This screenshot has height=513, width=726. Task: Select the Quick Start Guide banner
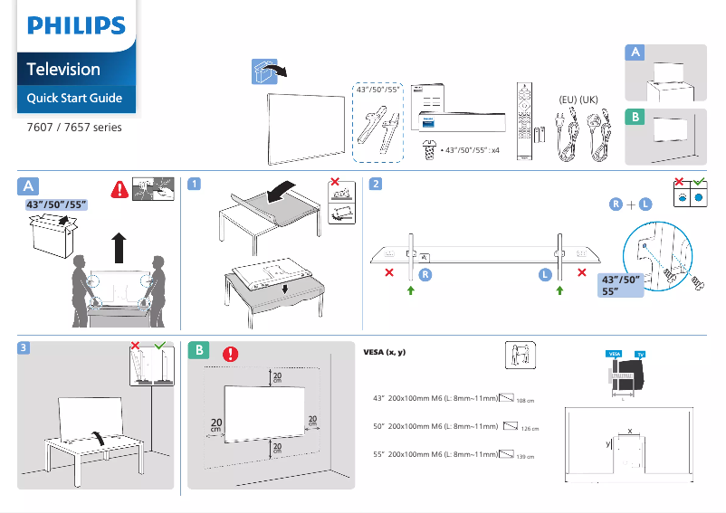74,98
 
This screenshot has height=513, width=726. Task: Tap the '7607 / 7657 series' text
73,127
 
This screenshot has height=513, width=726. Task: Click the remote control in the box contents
521,121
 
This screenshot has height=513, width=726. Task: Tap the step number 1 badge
194,185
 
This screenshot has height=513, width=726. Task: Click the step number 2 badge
375,185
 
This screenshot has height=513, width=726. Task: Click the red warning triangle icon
119,190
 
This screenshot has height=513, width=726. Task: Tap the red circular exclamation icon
231,354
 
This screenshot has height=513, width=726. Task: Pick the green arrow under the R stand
410,290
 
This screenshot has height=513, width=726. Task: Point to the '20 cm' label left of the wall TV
216,424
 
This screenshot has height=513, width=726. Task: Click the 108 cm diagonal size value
526,400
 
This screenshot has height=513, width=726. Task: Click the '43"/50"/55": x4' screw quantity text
468,151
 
